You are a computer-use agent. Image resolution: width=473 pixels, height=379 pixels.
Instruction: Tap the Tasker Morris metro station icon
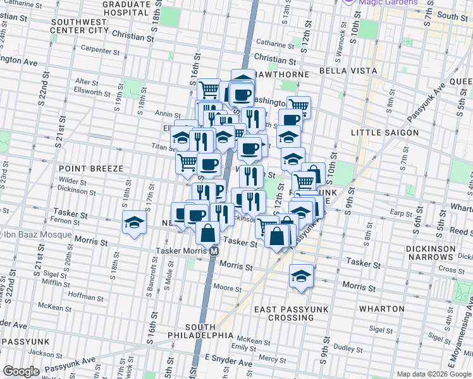[x=215, y=251]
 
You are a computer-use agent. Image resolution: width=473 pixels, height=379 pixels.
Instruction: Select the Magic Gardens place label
[x=388, y=3]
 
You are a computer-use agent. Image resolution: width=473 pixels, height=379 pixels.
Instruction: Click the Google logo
[x=21, y=371]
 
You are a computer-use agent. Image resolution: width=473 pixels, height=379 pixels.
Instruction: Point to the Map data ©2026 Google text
[x=434, y=374]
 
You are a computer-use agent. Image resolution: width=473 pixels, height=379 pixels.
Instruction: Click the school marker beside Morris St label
[x=302, y=277]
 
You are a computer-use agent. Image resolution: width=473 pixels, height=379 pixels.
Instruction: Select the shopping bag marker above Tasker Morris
[x=208, y=233]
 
